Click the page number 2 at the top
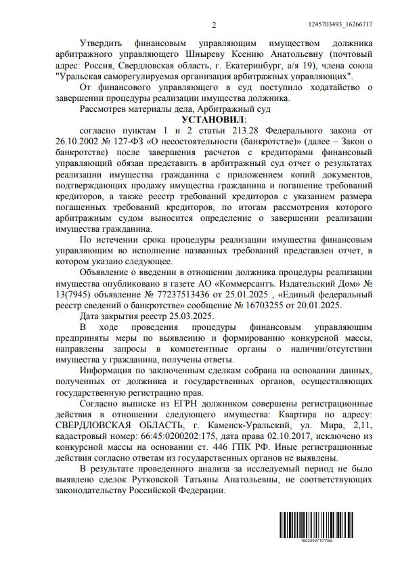coord(213,26)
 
